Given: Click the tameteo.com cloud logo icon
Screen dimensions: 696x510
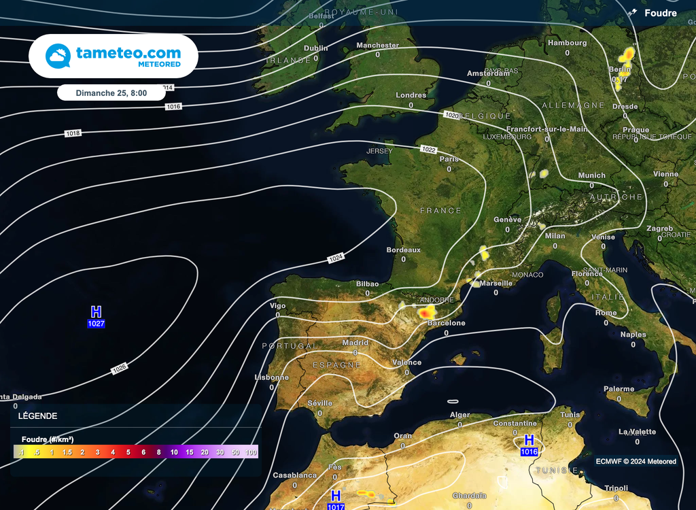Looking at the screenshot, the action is (58, 56).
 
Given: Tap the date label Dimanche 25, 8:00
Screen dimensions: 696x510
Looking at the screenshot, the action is (111, 92).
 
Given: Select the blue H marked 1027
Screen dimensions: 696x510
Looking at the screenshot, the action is (96, 311).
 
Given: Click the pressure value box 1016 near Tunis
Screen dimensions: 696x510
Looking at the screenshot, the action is (529, 452).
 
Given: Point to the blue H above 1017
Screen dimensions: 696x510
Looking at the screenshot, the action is (335, 496).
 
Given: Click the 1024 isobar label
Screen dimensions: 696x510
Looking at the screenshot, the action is (336, 258).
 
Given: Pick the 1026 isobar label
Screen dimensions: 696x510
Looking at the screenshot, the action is (119, 369).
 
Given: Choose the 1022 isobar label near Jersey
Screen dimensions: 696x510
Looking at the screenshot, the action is (428, 149).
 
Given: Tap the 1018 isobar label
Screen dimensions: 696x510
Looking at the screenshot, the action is (73, 133).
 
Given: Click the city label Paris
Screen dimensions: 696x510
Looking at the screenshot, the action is (449, 159).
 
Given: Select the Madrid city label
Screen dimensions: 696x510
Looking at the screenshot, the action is (355, 343).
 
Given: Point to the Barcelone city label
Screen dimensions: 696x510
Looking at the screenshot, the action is (447, 323).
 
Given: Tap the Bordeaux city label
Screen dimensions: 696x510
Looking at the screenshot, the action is (403, 250).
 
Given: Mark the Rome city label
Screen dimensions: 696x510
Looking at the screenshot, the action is (606, 313).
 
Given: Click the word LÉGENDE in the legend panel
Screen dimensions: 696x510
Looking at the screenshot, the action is (38, 416).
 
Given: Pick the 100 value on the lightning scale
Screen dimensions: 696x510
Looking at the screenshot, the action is (251, 452).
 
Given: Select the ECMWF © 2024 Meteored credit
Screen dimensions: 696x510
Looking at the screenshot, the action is (636, 461).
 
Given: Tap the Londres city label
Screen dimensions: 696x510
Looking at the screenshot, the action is (411, 95).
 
